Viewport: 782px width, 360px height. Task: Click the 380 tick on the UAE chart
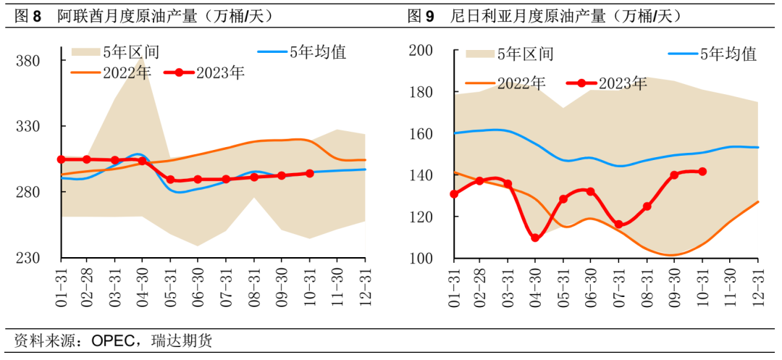tap(29, 61)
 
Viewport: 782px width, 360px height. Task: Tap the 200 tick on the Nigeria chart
tap(421, 50)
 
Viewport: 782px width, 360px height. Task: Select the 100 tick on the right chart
tap(421, 259)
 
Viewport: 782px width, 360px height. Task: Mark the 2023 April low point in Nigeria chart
tap(535, 238)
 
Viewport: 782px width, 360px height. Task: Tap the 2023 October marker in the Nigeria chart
tap(702, 172)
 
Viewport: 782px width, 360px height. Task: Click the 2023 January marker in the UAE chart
tap(62, 159)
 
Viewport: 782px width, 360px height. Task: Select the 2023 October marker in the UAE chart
tap(310, 173)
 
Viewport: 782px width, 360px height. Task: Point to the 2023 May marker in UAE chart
tap(170, 180)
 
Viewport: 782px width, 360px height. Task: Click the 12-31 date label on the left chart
tap(366, 284)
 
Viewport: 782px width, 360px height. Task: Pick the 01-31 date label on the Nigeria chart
tap(455, 284)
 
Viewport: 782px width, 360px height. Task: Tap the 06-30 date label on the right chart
tap(589, 284)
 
